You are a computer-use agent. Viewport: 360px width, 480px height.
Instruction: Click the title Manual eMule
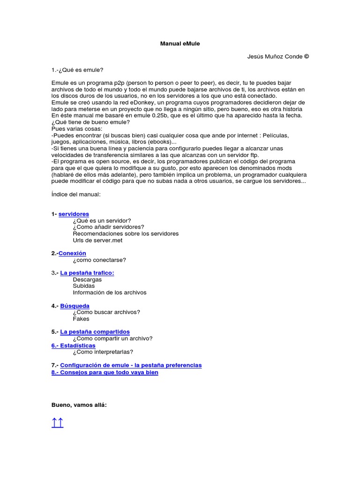point(180,44)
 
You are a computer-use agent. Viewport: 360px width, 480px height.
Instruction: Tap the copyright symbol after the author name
point(307,57)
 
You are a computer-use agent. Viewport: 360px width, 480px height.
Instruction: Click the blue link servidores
point(74,214)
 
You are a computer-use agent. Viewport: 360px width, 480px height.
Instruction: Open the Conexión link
point(72,253)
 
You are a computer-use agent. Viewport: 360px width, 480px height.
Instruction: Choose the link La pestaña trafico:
point(87,273)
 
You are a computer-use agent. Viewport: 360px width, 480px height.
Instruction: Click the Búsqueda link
point(75,306)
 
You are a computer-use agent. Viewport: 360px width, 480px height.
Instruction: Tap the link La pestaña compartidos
point(95,332)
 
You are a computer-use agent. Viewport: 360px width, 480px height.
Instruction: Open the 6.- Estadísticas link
point(73,345)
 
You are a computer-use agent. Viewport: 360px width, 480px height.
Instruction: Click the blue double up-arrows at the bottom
point(57,424)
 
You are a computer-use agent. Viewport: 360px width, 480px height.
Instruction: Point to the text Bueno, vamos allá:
point(79,405)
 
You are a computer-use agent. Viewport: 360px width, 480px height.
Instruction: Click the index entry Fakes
point(81,319)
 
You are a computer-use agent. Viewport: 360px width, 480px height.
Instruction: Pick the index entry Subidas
point(83,286)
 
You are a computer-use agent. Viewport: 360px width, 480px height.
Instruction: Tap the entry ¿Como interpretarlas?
point(103,352)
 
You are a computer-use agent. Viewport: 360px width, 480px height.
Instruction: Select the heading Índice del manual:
point(76,194)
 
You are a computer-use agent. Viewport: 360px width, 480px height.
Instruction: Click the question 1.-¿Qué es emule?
point(77,70)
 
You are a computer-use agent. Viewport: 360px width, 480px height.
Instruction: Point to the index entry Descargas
point(87,279)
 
